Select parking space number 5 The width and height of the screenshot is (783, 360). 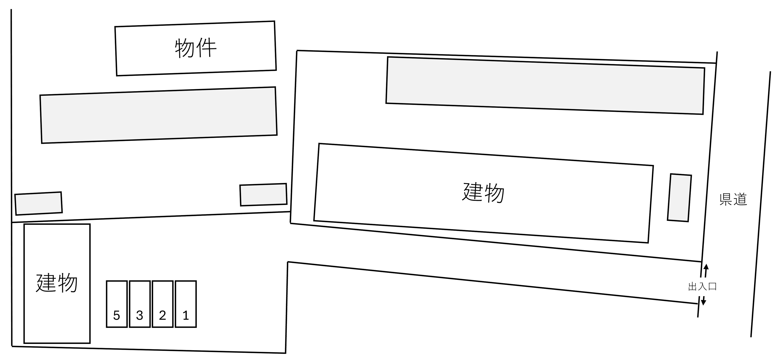[x=117, y=304]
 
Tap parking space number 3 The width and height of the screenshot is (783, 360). [x=140, y=304]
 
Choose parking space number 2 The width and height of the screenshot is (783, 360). [x=163, y=304]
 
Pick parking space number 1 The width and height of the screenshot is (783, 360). [x=186, y=304]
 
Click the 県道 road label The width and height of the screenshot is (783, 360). [x=733, y=199]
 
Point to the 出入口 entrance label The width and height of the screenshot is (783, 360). [x=702, y=286]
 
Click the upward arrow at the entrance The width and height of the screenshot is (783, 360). [x=706, y=271]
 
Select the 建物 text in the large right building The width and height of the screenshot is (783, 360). [x=483, y=193]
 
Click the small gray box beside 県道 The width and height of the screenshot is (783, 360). [x=679, y=198]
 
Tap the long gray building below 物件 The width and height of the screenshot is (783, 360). [x=159, y=115]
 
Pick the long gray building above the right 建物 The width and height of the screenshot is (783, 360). [x=545, y=86]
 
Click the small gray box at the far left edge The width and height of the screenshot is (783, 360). [x=39, y=204]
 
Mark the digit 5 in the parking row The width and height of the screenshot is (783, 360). [x=116, y=316]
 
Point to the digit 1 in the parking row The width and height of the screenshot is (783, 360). [x=186, y=316]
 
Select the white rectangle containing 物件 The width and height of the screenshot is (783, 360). [x=196, y=48]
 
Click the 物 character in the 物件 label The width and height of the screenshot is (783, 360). [x=185, y=48]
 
